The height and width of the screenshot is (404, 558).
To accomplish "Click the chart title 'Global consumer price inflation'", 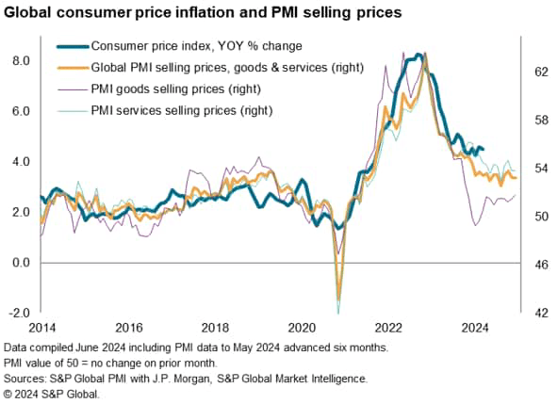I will (x=203, y=13).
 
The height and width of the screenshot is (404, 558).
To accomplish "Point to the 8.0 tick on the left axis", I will (x=20, y=60).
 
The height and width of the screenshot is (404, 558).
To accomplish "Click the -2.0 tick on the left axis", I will (x=18, y=313).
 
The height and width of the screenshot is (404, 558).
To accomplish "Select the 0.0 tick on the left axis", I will (x=20, y=263).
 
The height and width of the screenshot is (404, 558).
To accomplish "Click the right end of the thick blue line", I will (x=483, y=149).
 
